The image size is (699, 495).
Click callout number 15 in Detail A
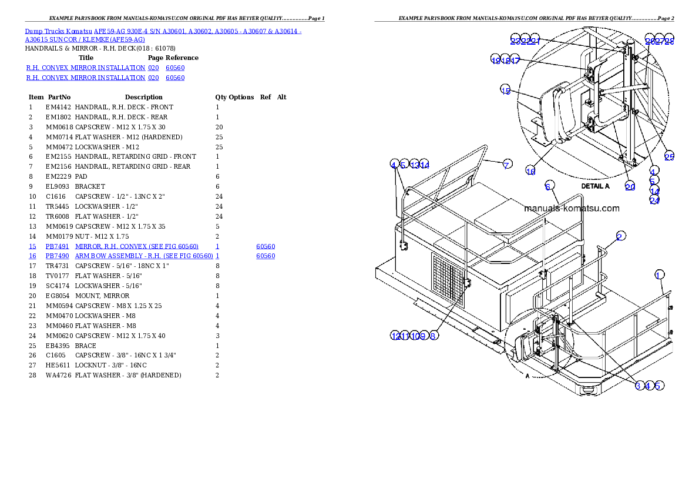[506, 89]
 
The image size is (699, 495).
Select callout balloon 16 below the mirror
[530, 171]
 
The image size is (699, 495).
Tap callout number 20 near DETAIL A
[630, 186]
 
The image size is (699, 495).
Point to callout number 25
[669, 156]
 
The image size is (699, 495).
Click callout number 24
[654, 200]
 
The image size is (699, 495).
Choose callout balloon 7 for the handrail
[506, 165]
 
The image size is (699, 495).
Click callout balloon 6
[548, 186]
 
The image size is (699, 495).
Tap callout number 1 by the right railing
[659, 275]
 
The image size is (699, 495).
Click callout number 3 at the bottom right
[638, 386]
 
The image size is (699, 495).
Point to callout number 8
[432, 336]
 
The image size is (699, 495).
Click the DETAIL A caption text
[595, 186]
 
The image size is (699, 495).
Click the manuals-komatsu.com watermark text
[571, 208]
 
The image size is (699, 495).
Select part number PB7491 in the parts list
[57, 246]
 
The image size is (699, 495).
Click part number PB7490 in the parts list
[57, 256]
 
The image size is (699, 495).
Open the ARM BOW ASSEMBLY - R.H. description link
[143, 256]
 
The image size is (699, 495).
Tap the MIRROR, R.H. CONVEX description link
[136, 246]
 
